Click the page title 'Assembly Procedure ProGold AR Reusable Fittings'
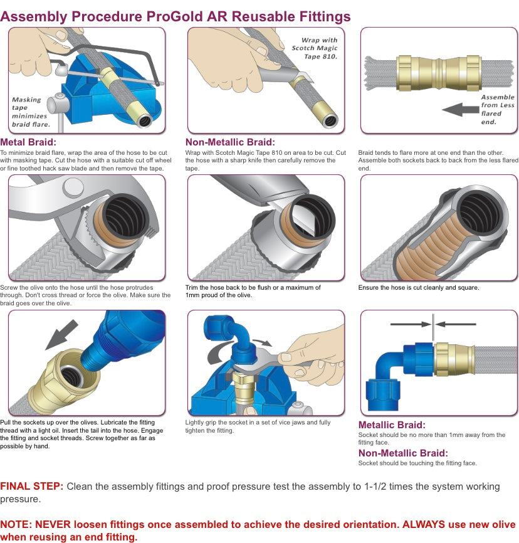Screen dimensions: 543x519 tap(176, 16)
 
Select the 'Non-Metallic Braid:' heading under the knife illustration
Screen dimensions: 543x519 tap(230, 142)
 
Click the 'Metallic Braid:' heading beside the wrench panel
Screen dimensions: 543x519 tap(392, 424)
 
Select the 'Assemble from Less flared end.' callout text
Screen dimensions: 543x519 tap(497, 110)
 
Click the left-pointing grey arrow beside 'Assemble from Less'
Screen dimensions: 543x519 tap(460, 110)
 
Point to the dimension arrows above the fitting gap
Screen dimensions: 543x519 tap(433, 324)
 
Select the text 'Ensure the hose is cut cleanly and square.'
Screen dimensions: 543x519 tap(419, 287)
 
